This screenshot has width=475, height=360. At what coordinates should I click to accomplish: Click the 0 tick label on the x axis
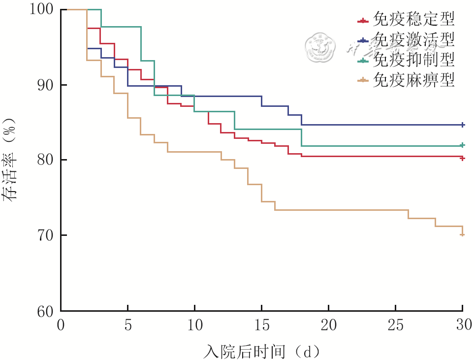click(61, 325)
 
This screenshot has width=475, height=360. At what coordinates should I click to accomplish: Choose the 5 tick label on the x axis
click(128, 325)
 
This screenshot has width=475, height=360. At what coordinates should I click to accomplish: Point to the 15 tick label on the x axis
click(262, 325)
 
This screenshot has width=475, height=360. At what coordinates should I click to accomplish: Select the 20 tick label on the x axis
click(329, 325)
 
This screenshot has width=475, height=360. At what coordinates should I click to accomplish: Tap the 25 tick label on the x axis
click(396, 325)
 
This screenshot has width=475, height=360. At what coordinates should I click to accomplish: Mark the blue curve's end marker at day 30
click(463, 125)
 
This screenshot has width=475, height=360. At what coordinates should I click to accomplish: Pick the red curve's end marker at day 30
click(463, 158)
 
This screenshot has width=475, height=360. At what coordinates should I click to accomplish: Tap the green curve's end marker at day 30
click(463, 145)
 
